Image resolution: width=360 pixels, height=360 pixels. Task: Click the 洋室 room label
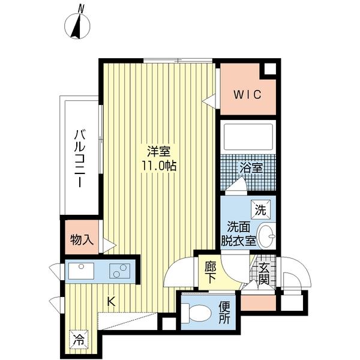[x=158, y=151]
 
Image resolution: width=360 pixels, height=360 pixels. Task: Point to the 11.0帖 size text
[x=158, y=166]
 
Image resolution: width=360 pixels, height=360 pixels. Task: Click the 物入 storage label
[x=82, y=240]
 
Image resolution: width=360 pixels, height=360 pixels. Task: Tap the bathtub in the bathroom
[x=247, y=137]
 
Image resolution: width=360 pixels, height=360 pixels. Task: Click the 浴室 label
[x=251, y=168]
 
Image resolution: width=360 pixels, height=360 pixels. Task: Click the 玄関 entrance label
[x=265, y=274]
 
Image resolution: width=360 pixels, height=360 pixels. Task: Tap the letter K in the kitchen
[x=111, y=302]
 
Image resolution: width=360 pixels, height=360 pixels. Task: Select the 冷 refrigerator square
[x=79, y=339]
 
